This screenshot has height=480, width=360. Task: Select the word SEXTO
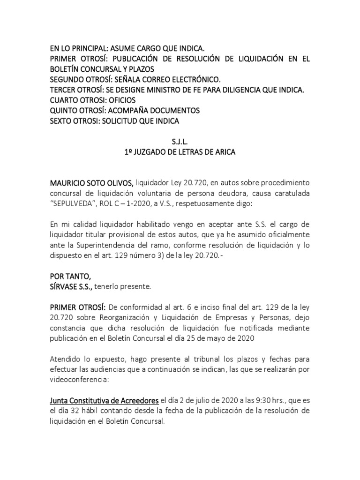(63, 120)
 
